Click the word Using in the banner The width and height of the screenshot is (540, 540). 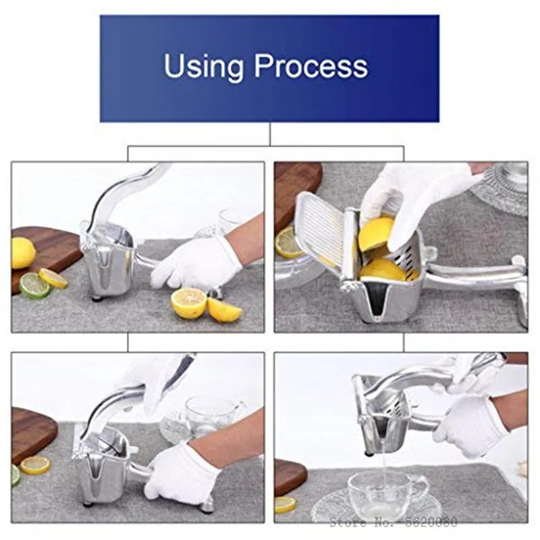click(204, 66)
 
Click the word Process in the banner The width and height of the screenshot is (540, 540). click(311, 66)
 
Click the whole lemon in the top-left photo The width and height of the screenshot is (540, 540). click(22, 253)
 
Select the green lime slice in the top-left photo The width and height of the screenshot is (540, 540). click(34, 286)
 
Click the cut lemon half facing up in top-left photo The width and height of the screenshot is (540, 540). click(189, 303)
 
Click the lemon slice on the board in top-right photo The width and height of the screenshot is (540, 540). click(289, 242)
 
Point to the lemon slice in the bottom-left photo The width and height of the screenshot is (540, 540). click(34, 464)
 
